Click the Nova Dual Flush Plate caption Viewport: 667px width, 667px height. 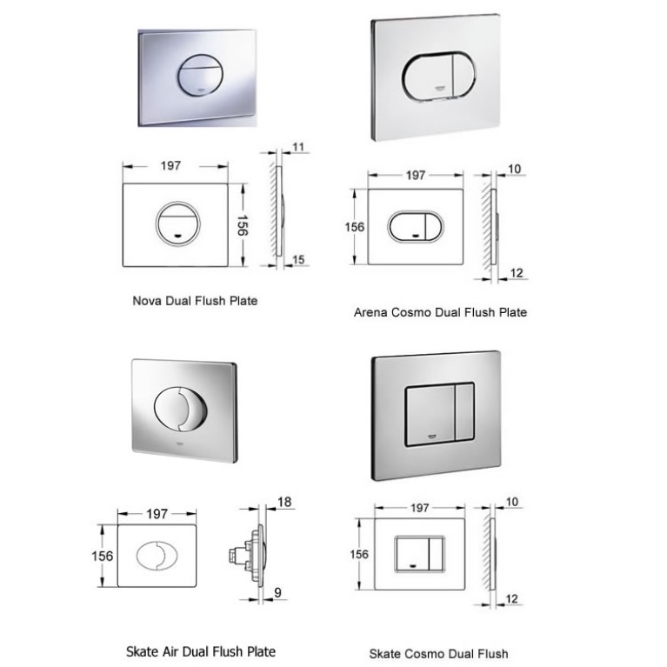194,301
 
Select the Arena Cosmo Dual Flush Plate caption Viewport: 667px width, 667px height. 440,311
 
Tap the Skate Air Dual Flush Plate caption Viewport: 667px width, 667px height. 201,650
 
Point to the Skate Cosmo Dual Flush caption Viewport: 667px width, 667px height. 438,653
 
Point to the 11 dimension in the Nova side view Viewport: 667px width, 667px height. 298,147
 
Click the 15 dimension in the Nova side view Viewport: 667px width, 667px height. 298,259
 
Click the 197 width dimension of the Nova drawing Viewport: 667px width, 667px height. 171,165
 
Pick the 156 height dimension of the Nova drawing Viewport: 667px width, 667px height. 246,224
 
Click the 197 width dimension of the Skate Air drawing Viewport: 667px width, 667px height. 157,514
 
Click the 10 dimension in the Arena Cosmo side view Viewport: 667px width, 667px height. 513,168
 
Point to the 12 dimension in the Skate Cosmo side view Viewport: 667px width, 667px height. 513,598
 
